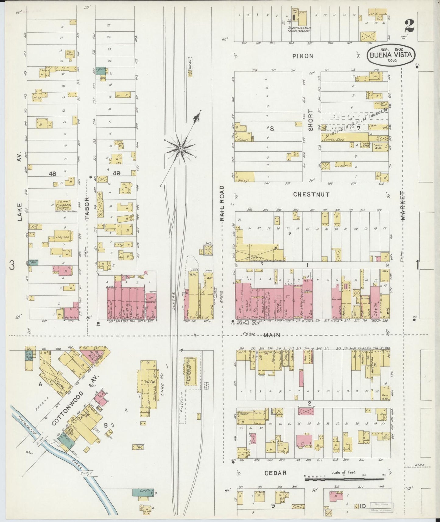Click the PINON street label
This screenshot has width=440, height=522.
tap(303, 56)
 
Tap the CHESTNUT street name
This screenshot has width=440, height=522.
tap(311, 194)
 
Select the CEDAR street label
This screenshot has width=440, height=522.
tap(275, 473)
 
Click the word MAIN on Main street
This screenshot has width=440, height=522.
tap(272, 335)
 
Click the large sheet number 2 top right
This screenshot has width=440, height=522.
tap(409, 26)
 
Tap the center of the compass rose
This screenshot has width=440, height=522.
tap(180, 148)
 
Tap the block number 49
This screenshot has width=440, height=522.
tap(117, 173)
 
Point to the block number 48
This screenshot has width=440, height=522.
tap(52, 174)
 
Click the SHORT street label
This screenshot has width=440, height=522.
tap(311, 120)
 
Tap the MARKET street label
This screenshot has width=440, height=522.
tap(403, 206)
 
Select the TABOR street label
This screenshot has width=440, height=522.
tap(87, 209)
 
